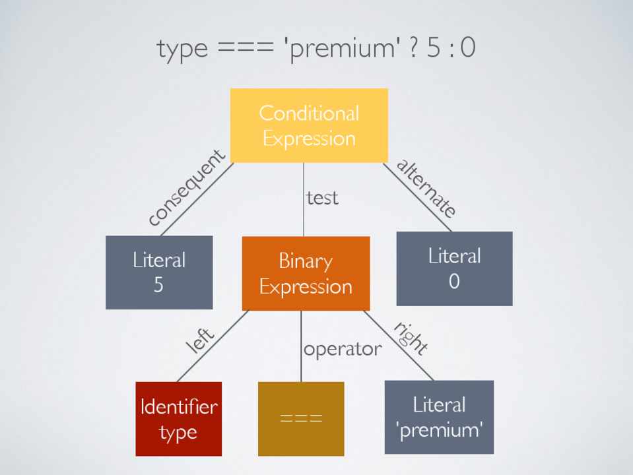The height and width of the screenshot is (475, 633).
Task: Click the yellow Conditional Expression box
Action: click(308, 125)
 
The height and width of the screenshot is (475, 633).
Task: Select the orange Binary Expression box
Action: click(306, 273)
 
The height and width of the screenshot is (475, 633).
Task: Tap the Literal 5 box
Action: click(159, 272)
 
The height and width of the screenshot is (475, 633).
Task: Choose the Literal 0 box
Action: click(454, 268)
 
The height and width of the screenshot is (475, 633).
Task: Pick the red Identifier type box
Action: click(178, 419)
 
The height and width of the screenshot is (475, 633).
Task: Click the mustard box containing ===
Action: click(301, 419)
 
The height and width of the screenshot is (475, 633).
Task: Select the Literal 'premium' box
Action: click(439, 417)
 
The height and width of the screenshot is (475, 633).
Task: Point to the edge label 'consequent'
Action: click(187, 189)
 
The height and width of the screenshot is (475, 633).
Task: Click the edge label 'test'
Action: click(322, 197)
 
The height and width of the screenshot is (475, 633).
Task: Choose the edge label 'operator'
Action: click(342, 348)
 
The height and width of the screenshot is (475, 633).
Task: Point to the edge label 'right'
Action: click(411, 337)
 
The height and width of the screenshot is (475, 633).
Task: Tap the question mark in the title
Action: click(411, 49)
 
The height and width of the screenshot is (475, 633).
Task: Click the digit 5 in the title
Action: click(433, 49)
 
